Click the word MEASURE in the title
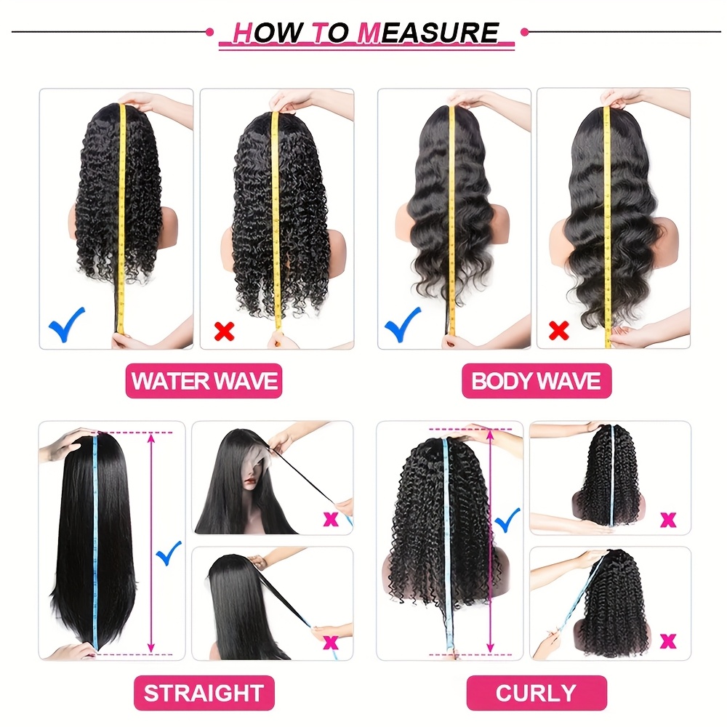[428, 33]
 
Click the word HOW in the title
[268, 33]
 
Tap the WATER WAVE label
[204, 381]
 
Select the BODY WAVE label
[537, 381]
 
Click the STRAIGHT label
[204, 693]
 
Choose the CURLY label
[537, 693]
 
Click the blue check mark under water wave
[67, 324]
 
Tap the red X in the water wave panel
[225, 332]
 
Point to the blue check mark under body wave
[403, 324]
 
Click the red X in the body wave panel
[558, 331]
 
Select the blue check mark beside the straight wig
[169, 553]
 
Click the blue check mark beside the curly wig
[507, 521]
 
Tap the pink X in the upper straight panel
[331, 519]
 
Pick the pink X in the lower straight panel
[331, 643]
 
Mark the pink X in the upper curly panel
[668, 521]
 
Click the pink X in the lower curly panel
[668, 641]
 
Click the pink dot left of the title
[209, 32]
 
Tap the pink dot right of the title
[524, 32]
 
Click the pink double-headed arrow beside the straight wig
[150, 542]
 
